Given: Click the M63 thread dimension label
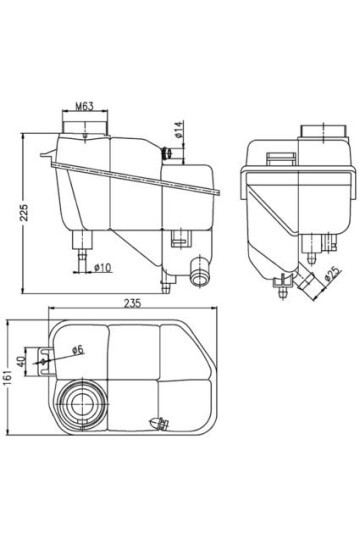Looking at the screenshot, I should [x=83, y=103].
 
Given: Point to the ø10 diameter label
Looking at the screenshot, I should [x=101, y=267].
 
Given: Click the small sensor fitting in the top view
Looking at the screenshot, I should [x=156, y=424].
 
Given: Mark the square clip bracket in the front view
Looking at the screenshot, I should [x=180, y=238].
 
